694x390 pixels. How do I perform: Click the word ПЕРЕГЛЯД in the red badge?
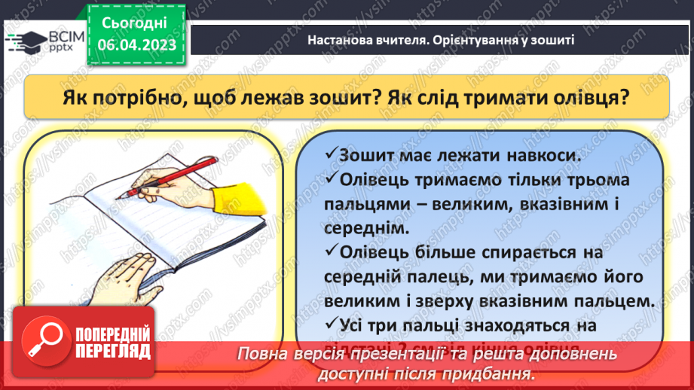[112, 351]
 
